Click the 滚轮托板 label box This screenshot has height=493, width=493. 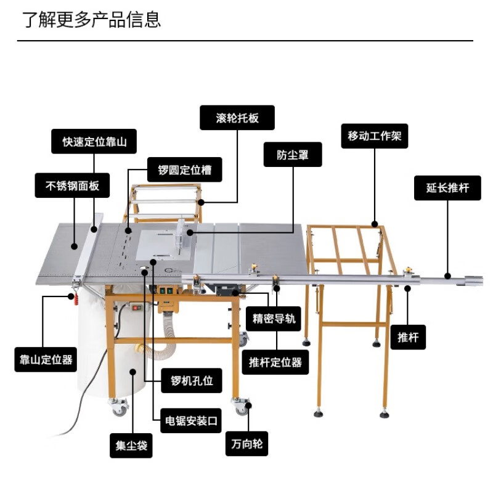[x=237, y=118]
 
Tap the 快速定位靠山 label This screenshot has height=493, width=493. [x=94, y=141]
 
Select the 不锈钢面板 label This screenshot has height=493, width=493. [x=72, y=185]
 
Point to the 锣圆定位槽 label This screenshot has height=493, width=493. [x=184, y=169]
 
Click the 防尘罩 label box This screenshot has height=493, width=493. [x=293, y=155]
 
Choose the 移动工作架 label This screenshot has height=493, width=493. [x=375, y=136]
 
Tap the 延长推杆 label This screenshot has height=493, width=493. [x=447, y=188]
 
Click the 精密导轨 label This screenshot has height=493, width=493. [x=273, y=319]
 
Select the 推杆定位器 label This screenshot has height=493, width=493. [x=275, y=362]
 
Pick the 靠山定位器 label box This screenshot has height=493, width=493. [x=46, y=359]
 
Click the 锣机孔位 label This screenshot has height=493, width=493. [x=192, y=380]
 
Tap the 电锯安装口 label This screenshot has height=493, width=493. [x=191, y=420]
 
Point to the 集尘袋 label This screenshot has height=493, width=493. [x=131, y=446]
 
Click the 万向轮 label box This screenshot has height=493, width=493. [x=247, y=444]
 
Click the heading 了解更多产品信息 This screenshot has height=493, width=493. [x=91, y=20]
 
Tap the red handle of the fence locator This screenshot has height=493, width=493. [x=76, y=299]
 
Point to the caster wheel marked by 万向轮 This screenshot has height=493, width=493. [x=241, y=405]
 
